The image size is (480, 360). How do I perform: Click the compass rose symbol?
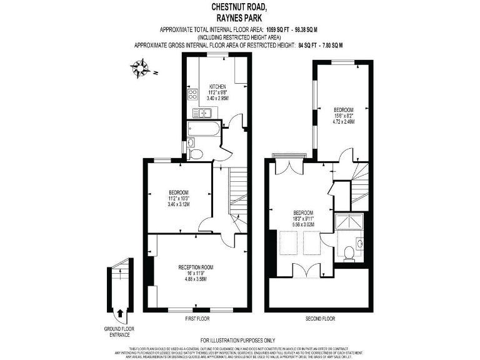141,67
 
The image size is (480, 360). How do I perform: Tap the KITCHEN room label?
217,86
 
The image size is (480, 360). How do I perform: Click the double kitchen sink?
203,113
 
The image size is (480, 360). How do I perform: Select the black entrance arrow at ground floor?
120,312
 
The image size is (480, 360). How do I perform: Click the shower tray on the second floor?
349,221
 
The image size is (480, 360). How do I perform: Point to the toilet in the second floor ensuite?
349,252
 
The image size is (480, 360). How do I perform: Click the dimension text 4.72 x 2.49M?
343,122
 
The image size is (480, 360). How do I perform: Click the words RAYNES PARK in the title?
239,17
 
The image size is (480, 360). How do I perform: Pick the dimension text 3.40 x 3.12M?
179,204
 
